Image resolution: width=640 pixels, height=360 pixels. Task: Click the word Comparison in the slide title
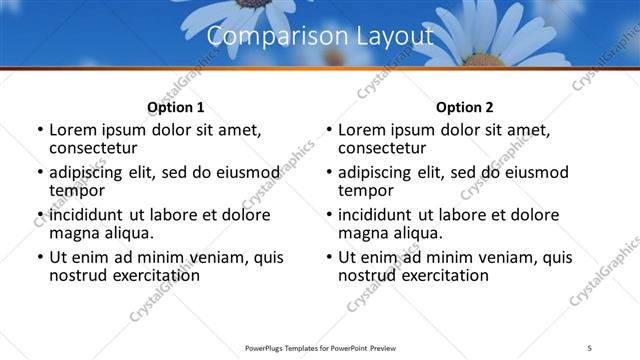(x=267, y=37)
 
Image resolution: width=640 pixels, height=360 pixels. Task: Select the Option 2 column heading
(x=465, y=107)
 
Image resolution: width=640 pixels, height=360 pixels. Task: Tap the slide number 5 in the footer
(x=590, y=349)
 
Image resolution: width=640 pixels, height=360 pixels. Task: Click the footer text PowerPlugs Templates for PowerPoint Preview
(x=320, y=349)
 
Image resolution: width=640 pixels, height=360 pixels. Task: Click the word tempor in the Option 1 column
(x=77, y=190)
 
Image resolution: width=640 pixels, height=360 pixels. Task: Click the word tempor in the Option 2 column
(x=367, y=190)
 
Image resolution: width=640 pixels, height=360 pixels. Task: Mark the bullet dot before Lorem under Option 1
(x=40, y=130)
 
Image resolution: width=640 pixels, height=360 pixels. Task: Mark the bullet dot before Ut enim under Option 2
(x=330, y=258)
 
